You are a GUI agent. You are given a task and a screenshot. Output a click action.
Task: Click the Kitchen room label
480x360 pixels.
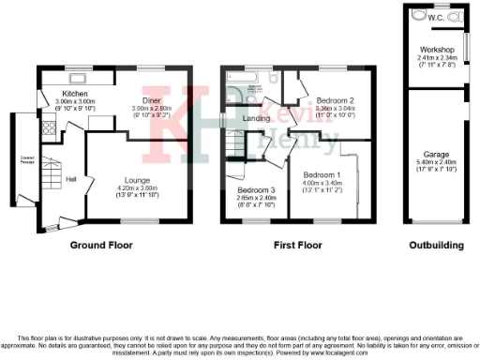[75, 94]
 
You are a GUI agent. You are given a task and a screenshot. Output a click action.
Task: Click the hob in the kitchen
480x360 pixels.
[46, 130]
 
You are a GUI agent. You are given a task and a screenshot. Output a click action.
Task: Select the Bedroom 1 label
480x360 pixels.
[321, 174]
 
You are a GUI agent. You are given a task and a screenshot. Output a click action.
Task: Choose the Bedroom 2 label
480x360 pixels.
[334, 99]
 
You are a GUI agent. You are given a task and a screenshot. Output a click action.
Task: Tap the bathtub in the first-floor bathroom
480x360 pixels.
[247, 80]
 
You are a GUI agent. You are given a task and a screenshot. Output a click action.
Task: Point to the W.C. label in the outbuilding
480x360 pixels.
[437, 17]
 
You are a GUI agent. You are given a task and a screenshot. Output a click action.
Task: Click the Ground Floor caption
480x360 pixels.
[101, 246]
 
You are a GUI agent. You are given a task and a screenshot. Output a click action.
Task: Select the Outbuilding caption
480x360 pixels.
[436, 246]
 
